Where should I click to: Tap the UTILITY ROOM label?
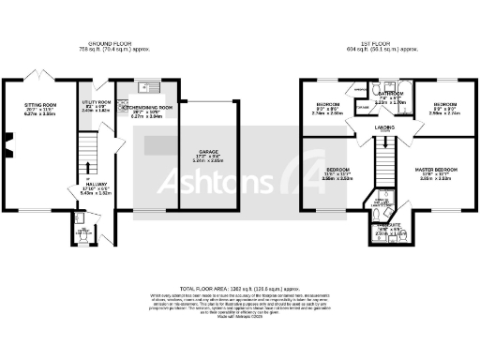[97, 101]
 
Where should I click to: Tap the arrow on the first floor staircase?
[384, 142]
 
